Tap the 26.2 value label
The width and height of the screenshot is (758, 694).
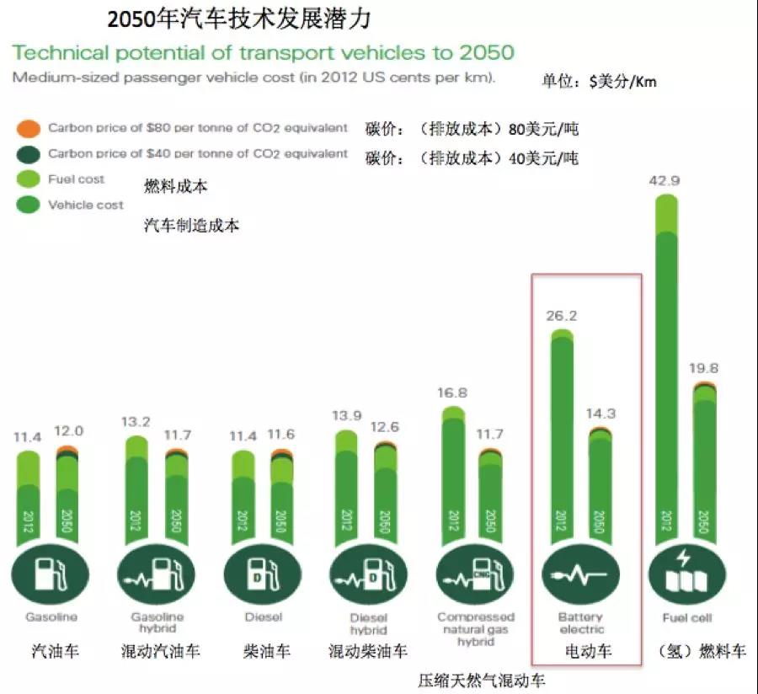click(x=561, y=318)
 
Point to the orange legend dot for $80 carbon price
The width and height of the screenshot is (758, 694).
click(x=29, y=129)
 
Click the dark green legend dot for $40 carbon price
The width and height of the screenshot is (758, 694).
click(x=29, y=154)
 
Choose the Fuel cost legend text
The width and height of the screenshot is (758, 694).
click(x=77, y=179)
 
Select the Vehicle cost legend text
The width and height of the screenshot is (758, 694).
click(x=85, y=205)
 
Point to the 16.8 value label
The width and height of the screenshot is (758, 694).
click(x=453, y=392)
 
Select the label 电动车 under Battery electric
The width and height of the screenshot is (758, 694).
click(x=588, y=651)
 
